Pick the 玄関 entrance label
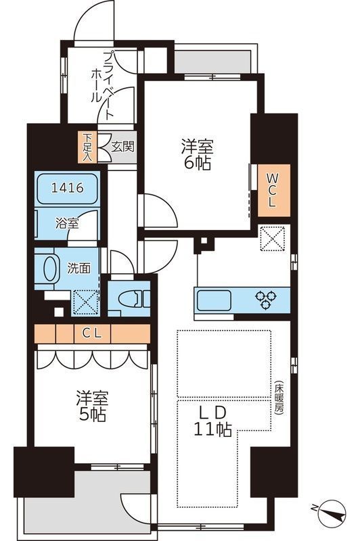coord(123,145)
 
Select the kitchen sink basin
coord(214,298)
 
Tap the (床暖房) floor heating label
coord(279,400)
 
